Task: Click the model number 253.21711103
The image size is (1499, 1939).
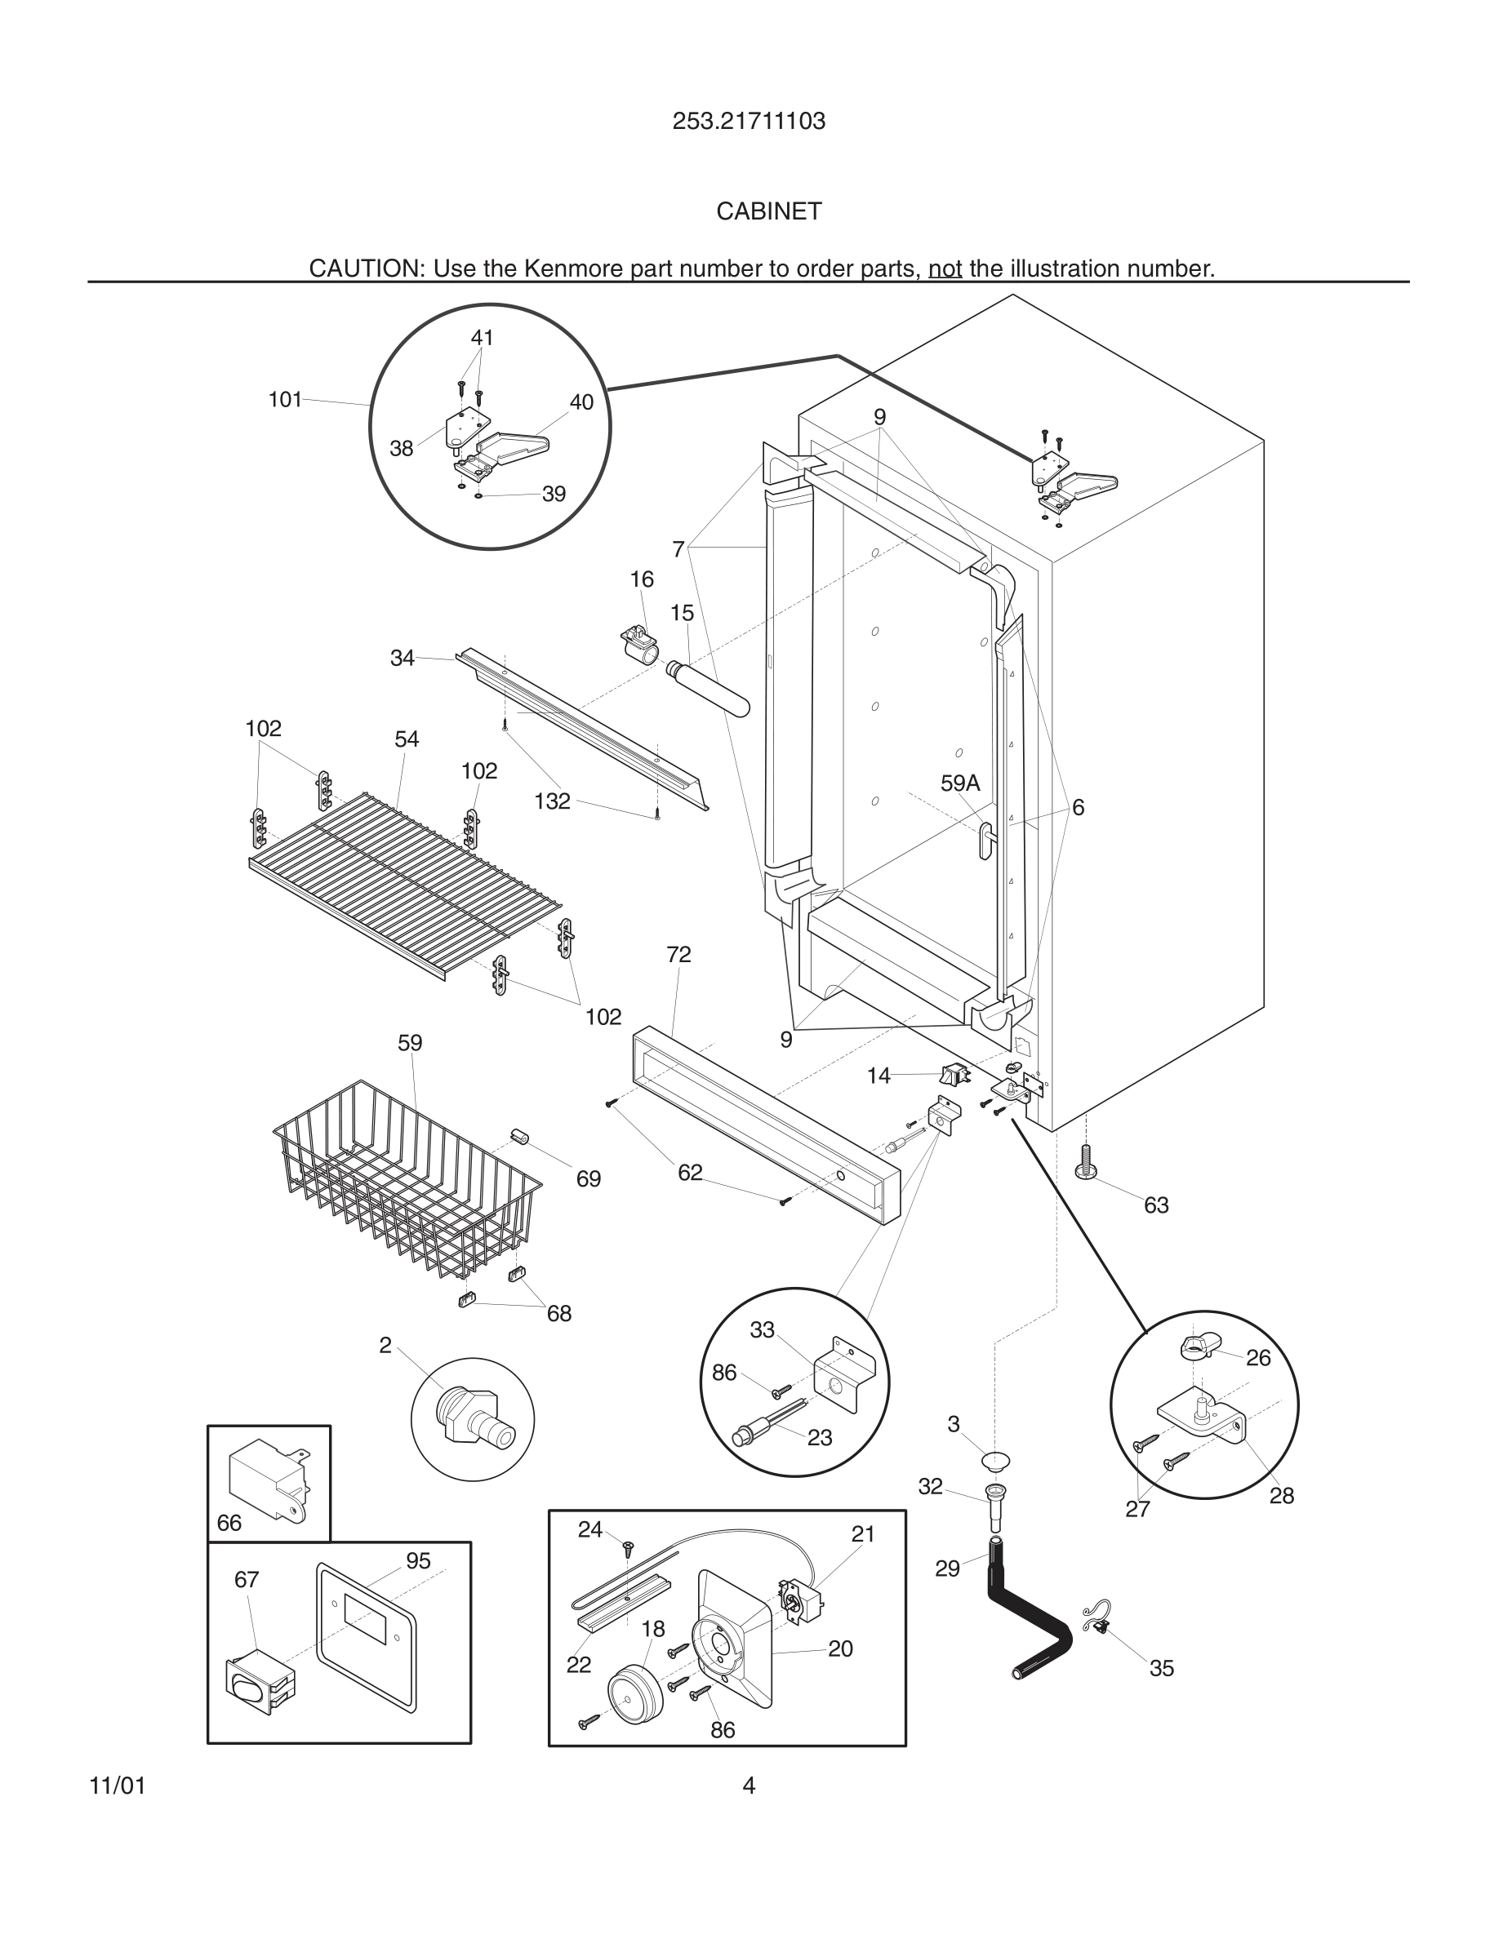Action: pos(748,121)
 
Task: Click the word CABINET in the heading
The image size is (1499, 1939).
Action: pos(769,211)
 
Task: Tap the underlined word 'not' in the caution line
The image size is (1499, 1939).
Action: pos(945,268)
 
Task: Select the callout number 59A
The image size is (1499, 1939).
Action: pos(959,783)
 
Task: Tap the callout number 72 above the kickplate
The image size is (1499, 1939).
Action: pos(678,955)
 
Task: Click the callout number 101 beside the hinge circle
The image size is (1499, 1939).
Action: pos(285,400)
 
